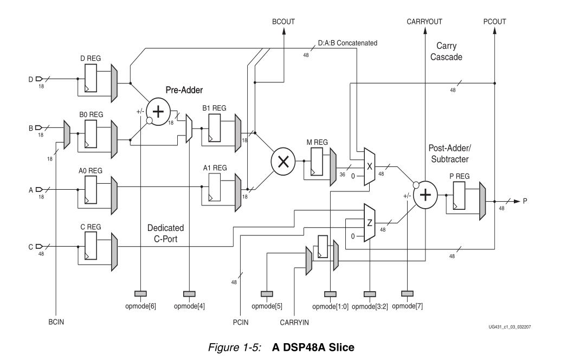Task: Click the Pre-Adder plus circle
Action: point(158,112)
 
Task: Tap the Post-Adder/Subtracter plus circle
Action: point(426,195)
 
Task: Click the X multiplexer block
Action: point(369,166)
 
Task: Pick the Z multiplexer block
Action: point(369,222)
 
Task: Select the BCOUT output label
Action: point(282,21)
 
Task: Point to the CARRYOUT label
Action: point(424,21)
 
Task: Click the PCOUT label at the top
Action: point(494,21)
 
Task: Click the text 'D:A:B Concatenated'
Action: point(347,43)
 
